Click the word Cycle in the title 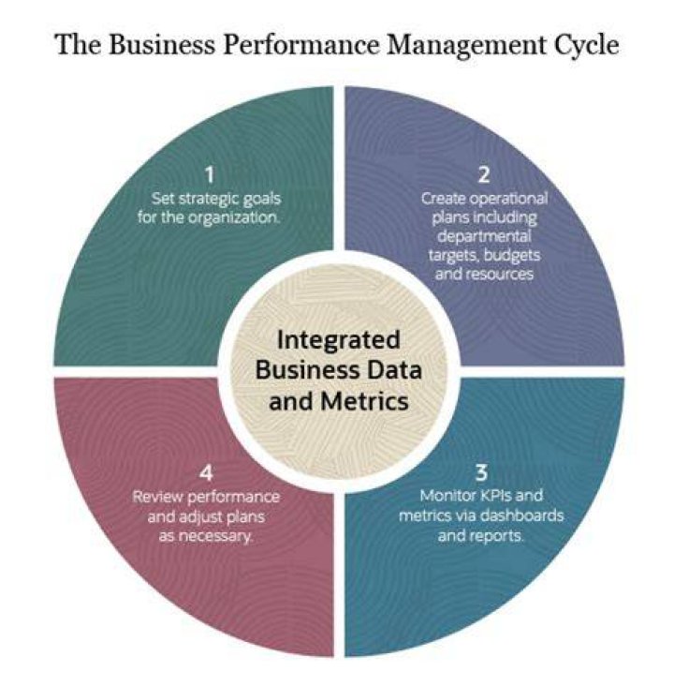coord(588,45)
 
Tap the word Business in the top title coord(162,44)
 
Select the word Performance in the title coord(301,44)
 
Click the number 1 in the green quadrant coord(210,174)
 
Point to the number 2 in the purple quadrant coord(483,174)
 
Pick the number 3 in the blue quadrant coord(481,473)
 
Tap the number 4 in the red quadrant coord(206,473)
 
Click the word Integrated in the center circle coord(339,341)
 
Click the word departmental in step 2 coord(484,237)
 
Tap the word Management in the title coord(467,45)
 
